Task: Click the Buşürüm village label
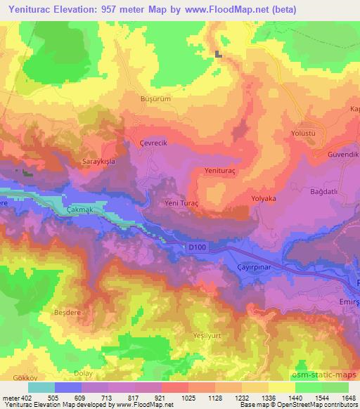coord(155,99)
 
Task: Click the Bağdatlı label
coord(331,182)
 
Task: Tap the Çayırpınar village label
coord(255,268)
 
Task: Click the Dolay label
coord(83,373)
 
